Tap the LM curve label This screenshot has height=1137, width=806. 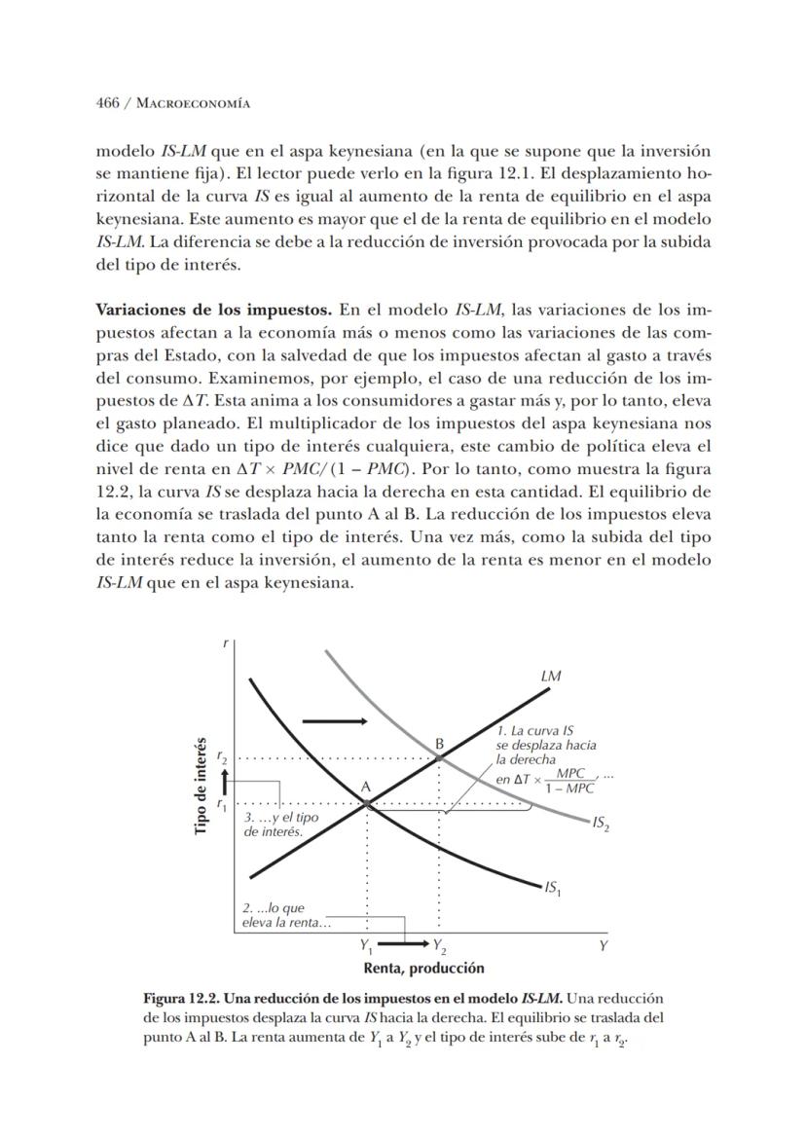pos(550,676)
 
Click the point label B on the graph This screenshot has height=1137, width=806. pos(440,743)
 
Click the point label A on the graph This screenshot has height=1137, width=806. pos(366,787)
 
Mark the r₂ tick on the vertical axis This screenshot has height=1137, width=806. pos(222,757)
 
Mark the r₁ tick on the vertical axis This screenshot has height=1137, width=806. pos(222,804)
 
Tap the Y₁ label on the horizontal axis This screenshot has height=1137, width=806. pos(365,945)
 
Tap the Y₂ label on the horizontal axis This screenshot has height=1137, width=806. pos(440,945)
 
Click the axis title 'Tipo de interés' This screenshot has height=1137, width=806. pos(201,788)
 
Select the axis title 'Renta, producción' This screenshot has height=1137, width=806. pos(423,968)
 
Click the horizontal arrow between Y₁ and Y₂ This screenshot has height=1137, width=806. pos(403,944)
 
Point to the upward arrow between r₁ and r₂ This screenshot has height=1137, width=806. pos(226,781)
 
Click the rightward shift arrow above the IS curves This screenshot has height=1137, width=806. pos(335,720)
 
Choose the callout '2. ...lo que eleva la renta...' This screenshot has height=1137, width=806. pos(286,915)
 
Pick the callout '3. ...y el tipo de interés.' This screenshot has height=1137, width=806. pos(281,825)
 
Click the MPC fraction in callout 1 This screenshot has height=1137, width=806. pos(570,782)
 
